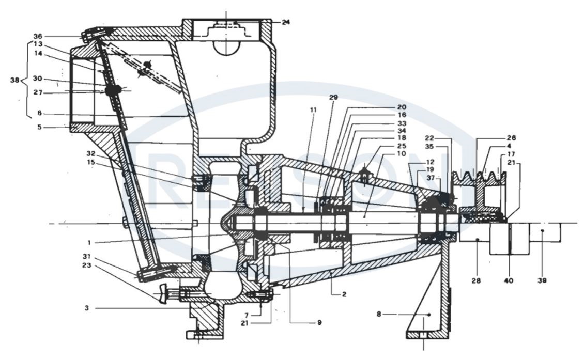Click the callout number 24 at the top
[x=286, y=22]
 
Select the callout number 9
[x=319, y=323]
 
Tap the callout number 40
[x=509, y=281]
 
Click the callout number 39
[x=541, y=281]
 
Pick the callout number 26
[x=511, y=138]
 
